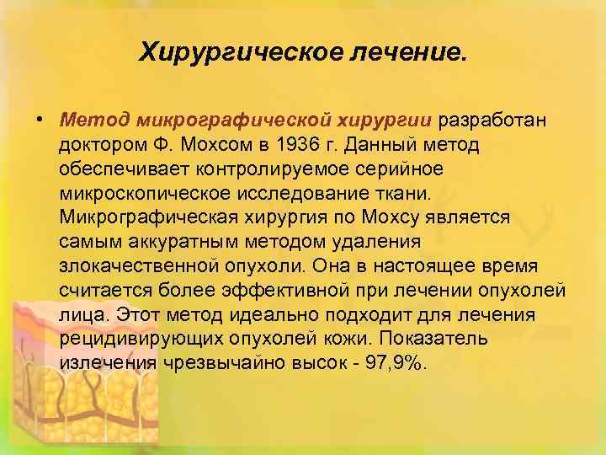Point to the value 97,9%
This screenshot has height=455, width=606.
397,363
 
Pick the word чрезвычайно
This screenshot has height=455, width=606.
226,363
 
